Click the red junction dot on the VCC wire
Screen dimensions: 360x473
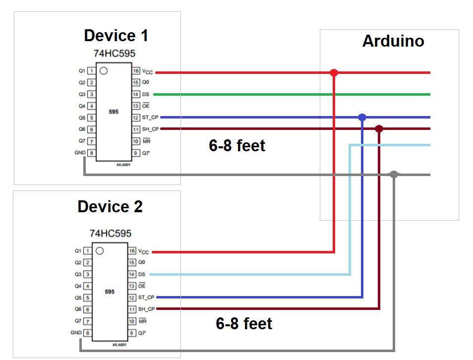click(x=334, y=73)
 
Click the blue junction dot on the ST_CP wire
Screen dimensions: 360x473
click(x=362, y=118)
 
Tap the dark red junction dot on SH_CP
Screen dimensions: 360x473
click(x=379, y=129)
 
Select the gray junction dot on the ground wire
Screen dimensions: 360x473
click(x=394, y=175)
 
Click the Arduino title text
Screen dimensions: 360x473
click(x=393, y=41)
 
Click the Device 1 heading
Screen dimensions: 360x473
click(x=116, y=36)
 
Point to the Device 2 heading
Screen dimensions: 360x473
click(x=110, y=207)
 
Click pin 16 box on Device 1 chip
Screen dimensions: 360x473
click(x=136, y=71)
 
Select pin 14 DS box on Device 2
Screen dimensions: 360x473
click(x=132, y=274)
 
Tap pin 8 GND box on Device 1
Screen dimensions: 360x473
click(x=91, y=153)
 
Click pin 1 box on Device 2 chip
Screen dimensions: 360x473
click(x=88, y=251)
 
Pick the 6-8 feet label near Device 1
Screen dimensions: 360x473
click(x=237, y=146)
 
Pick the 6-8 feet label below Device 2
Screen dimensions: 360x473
click(x=244, y=324)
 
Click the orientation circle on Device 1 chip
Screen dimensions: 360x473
click(x=103, y=71)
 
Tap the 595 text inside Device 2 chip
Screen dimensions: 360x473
click(x=110, y=292)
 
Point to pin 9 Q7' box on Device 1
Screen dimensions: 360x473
click(x=136, y=153)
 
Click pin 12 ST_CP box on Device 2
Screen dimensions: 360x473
click(x=132, y=298)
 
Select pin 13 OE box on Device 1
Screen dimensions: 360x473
click(x=136, y=106)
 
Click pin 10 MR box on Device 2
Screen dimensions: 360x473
click(x=132, y=321)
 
